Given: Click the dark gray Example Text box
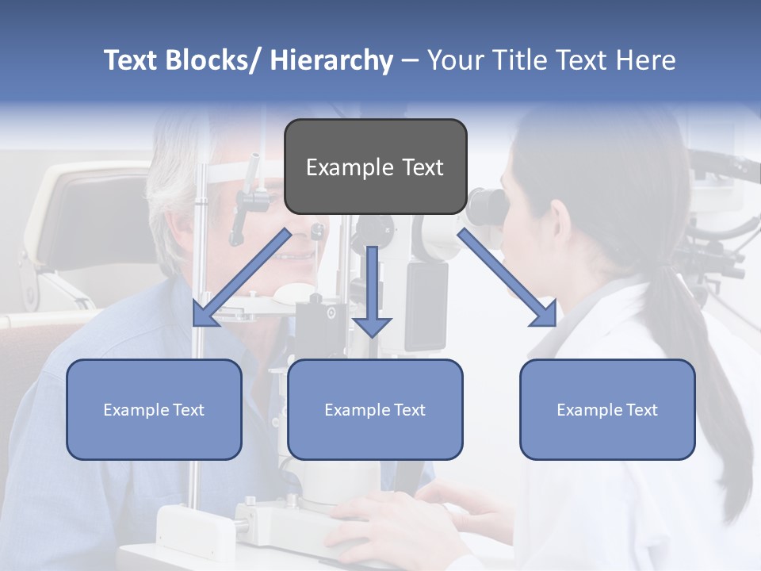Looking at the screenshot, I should (375, 167).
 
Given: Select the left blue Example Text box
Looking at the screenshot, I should (154, 409).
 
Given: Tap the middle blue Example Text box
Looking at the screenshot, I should (375, 409).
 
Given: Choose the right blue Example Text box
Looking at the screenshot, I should (607, 409).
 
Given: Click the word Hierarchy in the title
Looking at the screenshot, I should (331, 60).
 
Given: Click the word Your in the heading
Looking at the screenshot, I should (453, 60).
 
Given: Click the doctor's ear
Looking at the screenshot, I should (559, 218).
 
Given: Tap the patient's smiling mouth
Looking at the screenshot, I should (297, 257).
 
